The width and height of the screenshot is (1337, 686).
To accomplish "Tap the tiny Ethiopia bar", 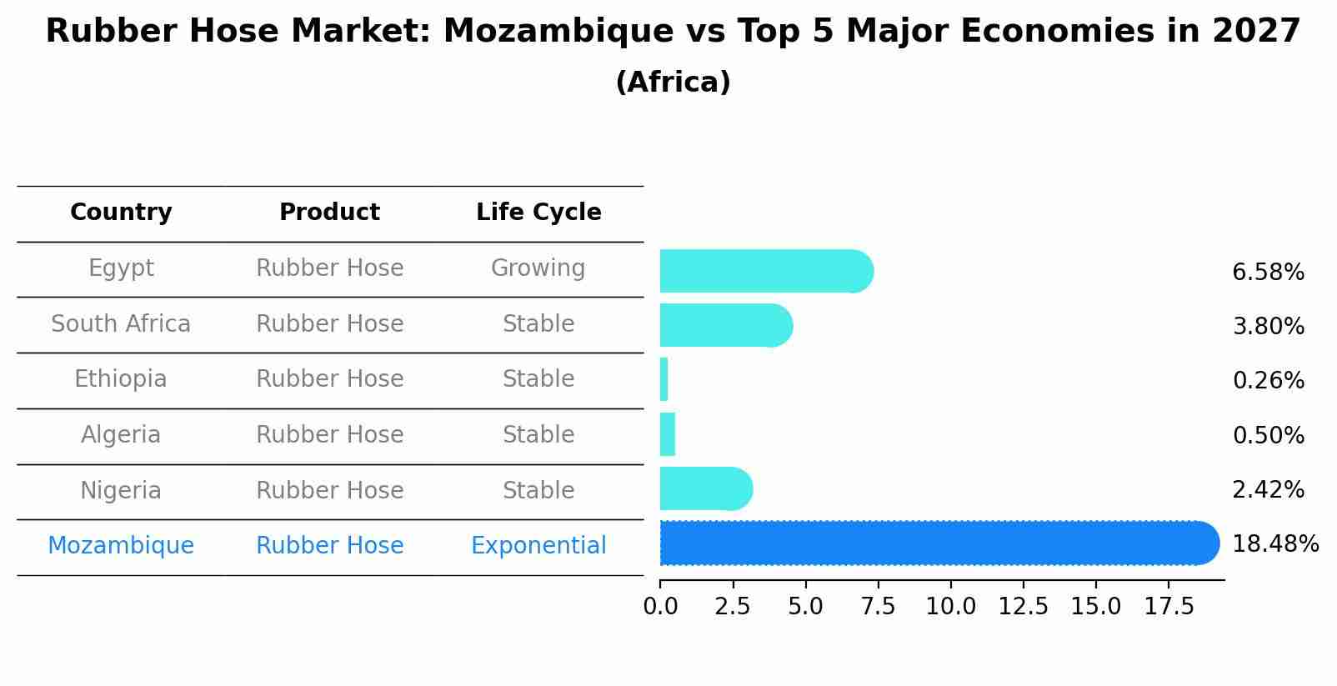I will [x=664, y=379].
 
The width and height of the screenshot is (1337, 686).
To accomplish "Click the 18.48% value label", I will [x=1274, y=544].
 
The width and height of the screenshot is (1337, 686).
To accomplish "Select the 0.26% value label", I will [x=1267, y=381].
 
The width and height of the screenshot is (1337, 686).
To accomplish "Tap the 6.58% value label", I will [x=1267, y=273].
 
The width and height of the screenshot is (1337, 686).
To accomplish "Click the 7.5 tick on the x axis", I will [x=878, y=607].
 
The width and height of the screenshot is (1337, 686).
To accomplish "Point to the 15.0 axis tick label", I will [x=1095, y=607].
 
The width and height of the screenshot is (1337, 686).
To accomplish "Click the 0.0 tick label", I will [x=660, y=607].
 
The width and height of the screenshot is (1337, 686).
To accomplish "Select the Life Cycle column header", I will [x=538, y=213].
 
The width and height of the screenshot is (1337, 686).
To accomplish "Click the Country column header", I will [x=121, y=213].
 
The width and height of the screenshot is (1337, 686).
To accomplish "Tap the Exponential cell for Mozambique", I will [x=538, y=546].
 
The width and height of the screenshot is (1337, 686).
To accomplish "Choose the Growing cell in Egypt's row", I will [x=538, y=268].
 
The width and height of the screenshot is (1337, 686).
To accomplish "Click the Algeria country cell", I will [x=121, y=435].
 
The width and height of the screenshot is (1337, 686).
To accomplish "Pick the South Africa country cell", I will [x=121, y=324].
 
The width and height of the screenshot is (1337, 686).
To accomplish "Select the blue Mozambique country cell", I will [x=121, y=546].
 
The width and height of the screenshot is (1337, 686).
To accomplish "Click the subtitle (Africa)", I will [x=673, y=83].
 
